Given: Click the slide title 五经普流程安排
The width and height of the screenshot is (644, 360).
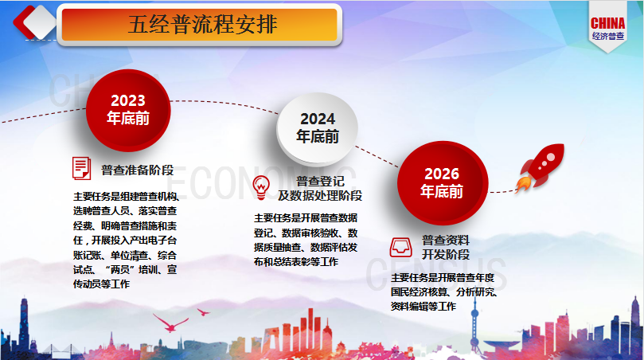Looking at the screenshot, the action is click(x=203, y=24).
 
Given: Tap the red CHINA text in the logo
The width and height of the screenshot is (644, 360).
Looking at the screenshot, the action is click(x=608, y=23).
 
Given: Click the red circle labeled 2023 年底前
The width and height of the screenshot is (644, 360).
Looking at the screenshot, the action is click(x=128, y=110).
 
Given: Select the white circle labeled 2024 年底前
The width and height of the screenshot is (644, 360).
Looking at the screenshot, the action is click(x=318, y=127).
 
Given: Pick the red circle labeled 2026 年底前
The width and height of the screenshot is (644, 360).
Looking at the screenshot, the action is click(x=443, y=182).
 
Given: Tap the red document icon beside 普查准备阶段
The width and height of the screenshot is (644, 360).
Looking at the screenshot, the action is click(x=81, y=168).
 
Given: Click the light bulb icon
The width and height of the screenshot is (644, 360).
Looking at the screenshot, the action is click(x=261, y=187).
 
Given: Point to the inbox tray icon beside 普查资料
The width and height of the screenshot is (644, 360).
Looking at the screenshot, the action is click(x=401, y=247).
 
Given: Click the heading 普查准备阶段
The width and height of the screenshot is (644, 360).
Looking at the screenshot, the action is click(x=138, y=170).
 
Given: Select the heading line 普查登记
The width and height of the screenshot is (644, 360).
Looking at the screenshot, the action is click(x=320, y=182).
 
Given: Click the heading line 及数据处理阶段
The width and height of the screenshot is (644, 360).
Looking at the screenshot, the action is click(x=320, y=196).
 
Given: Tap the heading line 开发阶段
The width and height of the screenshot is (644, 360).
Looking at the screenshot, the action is click(x=446, y=254).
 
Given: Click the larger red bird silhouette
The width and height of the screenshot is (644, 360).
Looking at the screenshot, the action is click(x=170, y=323).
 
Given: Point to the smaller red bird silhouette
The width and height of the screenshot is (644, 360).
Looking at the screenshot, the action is click(x=203, y=312).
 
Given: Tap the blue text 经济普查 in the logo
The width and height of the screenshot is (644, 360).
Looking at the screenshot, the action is click(x=608, y=36).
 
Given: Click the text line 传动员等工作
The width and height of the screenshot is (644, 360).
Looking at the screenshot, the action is click(x=101, y=284).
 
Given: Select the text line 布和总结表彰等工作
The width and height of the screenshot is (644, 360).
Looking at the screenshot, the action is click(x=296, y=262).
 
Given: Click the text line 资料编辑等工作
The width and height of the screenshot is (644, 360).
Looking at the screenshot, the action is click(x=423, y=306).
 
